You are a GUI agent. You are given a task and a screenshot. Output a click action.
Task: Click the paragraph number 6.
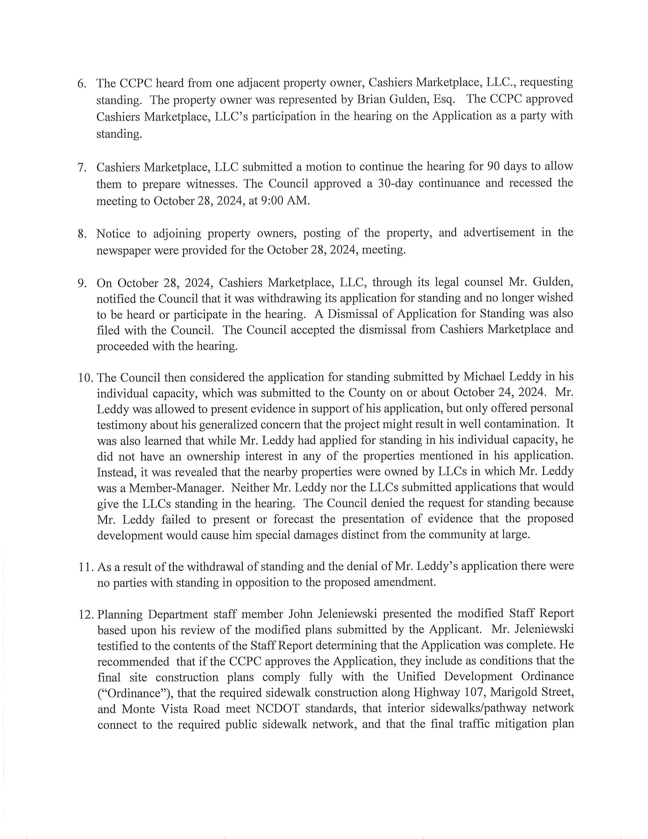pos(81,83)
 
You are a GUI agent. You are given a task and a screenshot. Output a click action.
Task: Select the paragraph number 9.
pos(81,283)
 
